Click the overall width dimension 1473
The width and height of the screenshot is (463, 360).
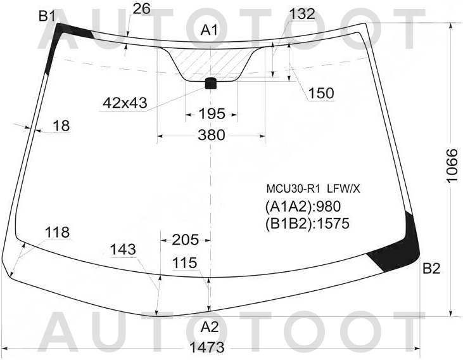(x=206, y=347)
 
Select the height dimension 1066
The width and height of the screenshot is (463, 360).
(x=452, y=166)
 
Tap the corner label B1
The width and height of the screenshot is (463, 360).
(x=47, y=16)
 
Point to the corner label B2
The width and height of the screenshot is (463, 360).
(x=431, y=269)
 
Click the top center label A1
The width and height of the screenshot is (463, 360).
(x=209, y=30)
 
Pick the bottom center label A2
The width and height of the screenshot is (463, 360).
(x=210, y=328)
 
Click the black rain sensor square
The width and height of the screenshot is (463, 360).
(x=210, y=83)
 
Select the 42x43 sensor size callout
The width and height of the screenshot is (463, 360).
(x=125, y=103)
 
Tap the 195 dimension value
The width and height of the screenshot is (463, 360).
(x=212, y=113)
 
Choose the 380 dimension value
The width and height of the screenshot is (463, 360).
(x=212, y=135)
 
